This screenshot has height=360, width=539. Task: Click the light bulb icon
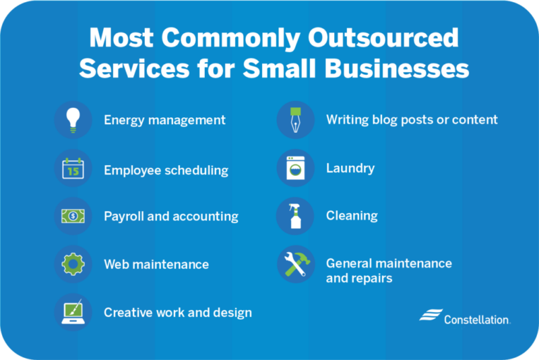(x=73, y=120)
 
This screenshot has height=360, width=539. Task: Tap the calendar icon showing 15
(x=73, y=168)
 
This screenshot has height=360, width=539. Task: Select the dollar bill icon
(x=73, y=216)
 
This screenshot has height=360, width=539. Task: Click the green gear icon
(x=73, y=264)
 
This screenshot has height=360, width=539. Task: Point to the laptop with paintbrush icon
(x=73, y=312)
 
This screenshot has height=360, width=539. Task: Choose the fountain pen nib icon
(x=295, y=120)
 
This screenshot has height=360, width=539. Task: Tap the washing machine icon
(x=295, y=168)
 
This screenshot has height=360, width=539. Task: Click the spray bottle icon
(x=295, y=216)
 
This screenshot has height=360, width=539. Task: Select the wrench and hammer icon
(x=296, y=264)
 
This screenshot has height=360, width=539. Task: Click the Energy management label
(x=164, y=121)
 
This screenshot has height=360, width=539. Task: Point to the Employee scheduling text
(x=166, y=170)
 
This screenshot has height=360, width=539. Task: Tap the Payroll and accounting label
(x=171, y=216)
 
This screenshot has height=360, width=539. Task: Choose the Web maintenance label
(x=156, y=264)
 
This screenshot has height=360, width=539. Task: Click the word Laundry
(x=350, y=169)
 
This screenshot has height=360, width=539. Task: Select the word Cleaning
(x=352, y=216)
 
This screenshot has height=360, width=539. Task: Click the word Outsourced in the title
(x=383, y=38)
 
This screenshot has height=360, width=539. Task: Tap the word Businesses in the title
(x=397, y=67)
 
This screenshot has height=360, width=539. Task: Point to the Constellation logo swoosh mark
(x=431, y=315)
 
